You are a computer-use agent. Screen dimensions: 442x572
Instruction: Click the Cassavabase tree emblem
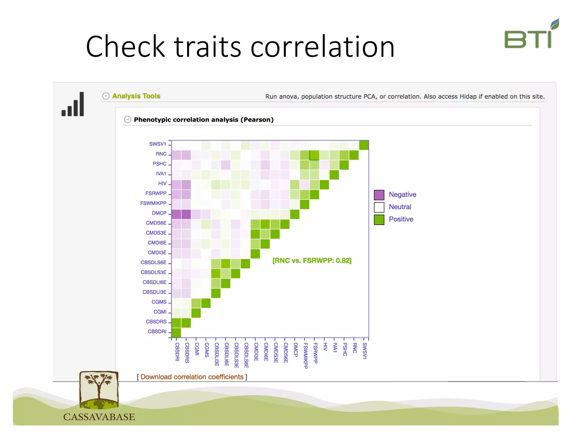click(x=99, y=390)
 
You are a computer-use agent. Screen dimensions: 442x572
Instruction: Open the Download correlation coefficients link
click(x=192, y=377)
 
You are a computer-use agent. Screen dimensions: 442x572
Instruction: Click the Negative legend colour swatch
click(x=379, y=195)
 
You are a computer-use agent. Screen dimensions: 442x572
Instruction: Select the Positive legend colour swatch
click(x=379, y=219)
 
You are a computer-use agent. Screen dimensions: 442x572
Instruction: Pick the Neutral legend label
click(x=400, y=207)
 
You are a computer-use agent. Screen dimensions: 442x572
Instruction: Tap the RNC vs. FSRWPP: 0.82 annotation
click(x=312, y=261)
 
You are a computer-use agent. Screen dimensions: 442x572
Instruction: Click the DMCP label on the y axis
click(x=159, y=213)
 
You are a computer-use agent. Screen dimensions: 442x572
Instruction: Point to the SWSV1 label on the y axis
click(x=158, y=144)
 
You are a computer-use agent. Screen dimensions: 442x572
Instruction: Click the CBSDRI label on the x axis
click(x=177, y=352)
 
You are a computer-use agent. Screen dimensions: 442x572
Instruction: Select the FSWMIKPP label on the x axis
click(x=305, y=355)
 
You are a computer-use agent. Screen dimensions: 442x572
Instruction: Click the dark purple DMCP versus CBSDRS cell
click(x=186, y=214)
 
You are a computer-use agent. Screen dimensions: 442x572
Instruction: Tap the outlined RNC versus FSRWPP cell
click(x=314, y=155)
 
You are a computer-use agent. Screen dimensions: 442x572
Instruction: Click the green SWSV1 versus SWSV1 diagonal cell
click(x=364, y=145)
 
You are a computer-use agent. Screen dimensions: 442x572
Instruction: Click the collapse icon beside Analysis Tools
click(x=106, y=96)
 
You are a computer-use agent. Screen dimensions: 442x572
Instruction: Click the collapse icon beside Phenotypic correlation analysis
click(x=127, y=120)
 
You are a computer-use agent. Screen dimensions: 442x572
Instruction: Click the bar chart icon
click(x=73, y=104)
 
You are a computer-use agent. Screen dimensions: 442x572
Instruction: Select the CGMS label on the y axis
click(x=159, y=302)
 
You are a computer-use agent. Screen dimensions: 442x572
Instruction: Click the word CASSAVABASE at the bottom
click(x=99, y=417)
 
